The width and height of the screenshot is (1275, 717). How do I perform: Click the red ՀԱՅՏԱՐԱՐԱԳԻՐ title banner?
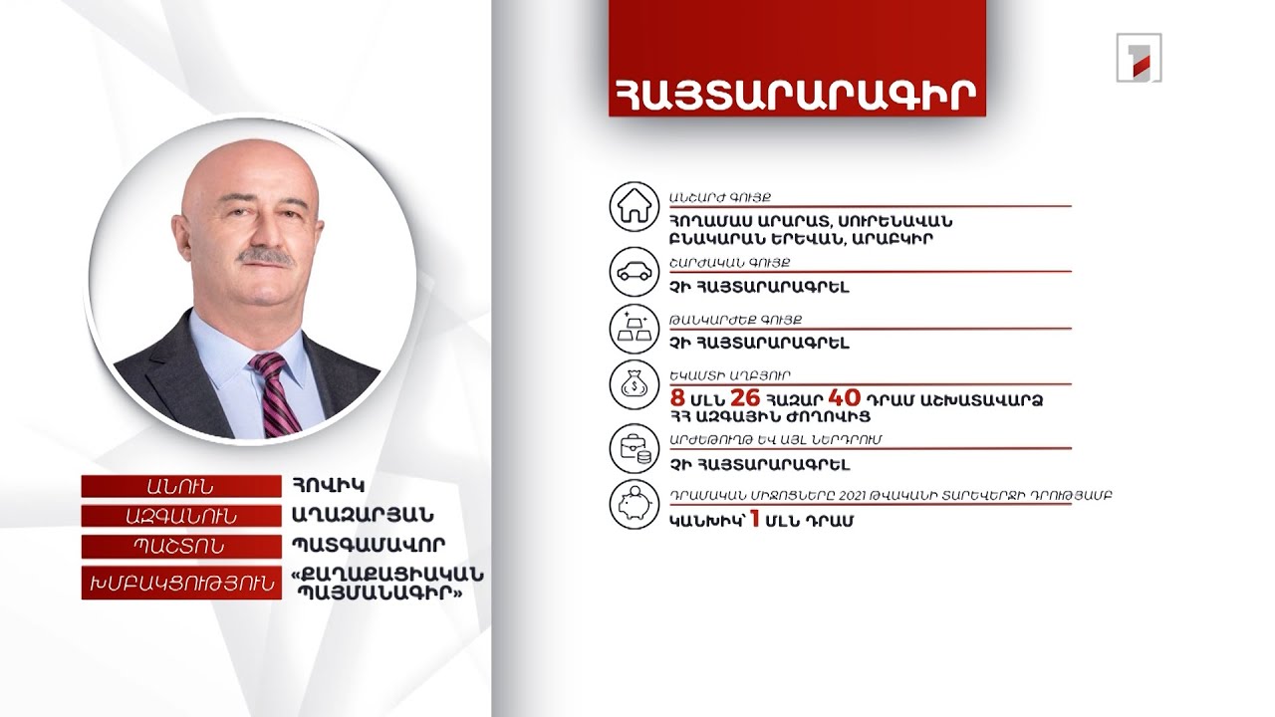tap(797, 92)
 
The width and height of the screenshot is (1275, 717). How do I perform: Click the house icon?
tap(635, 206)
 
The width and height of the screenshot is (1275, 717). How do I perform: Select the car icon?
tap(635, 270)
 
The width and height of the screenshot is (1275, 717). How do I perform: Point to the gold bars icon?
tap(635, 330)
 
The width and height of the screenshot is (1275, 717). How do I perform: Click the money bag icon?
tap(635, 385)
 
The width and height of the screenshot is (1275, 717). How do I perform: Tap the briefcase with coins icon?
tap(635, 450)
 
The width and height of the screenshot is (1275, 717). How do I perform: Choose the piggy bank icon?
tap(635, 506)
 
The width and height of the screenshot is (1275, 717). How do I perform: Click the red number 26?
tap(745, 398)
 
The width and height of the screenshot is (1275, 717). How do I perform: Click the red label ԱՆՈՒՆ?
tap(179, 486)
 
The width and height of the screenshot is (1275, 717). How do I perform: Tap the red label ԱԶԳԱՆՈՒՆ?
tap(179, 516)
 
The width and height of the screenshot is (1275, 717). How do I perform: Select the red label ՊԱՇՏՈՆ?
tap(179, 547)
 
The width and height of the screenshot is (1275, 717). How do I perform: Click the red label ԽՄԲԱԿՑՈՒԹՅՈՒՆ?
tap(179, 584)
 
